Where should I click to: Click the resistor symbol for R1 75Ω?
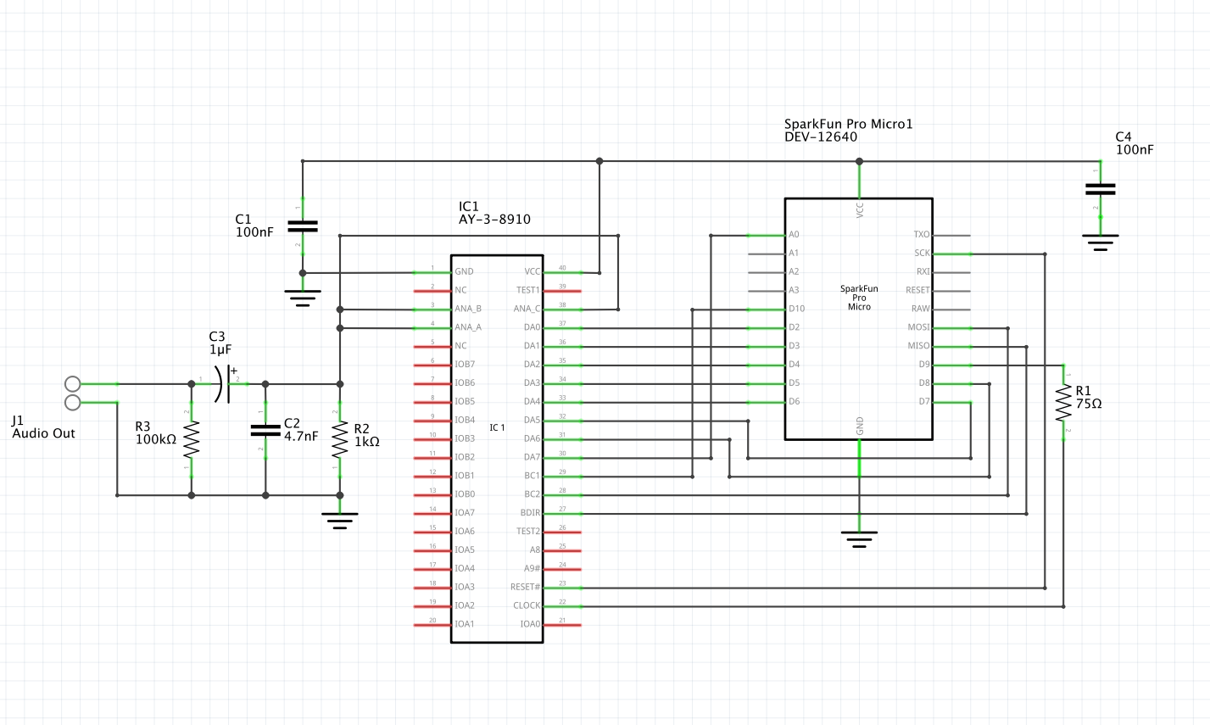pos(1063,403)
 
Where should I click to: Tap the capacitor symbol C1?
pos(302,226)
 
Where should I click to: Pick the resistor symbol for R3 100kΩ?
pos(192,439)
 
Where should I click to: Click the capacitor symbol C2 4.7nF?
pos(265,430)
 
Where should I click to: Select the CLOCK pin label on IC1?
pos(526,605)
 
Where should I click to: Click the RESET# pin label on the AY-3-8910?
pos(525,587)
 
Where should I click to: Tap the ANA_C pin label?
pos(527,309)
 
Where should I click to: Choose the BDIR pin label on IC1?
pos(530,513)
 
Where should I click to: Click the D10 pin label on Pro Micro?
pos(796,309)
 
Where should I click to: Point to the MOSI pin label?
pos(918,327)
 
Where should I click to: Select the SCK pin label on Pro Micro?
pos(922,253)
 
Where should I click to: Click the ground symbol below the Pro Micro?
pos(859,538)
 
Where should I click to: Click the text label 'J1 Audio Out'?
pos(43,427)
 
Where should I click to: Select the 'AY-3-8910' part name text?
pos(494,219)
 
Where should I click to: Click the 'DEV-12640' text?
pos(820,137)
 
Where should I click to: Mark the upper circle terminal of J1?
pos(73,384)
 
